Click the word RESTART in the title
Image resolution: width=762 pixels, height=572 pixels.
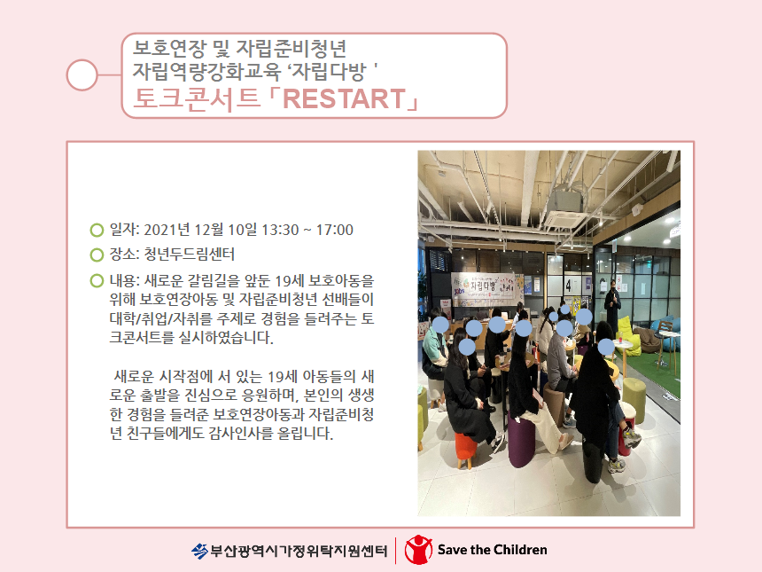coord(344,98)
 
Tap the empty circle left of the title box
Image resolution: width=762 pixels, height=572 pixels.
coord(82,74)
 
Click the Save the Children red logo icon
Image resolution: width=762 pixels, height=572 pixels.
coord(418,550)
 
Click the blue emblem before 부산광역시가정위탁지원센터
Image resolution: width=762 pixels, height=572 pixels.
coord(199,551)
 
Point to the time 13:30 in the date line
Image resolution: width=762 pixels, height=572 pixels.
coord(280,230)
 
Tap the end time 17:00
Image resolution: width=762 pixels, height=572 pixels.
coord(335,230)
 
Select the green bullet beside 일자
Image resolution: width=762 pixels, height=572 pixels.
coord(97,230)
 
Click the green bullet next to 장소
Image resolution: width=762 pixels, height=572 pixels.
coord(97,255)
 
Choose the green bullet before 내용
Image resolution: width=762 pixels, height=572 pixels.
coord(97,280)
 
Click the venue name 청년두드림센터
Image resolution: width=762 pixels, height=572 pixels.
coord(190,254)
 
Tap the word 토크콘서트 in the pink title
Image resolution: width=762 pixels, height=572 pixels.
coord(197,98)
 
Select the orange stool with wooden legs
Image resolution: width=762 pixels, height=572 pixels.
coord(465,450)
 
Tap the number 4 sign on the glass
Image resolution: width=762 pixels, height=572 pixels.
coord(568,285)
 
